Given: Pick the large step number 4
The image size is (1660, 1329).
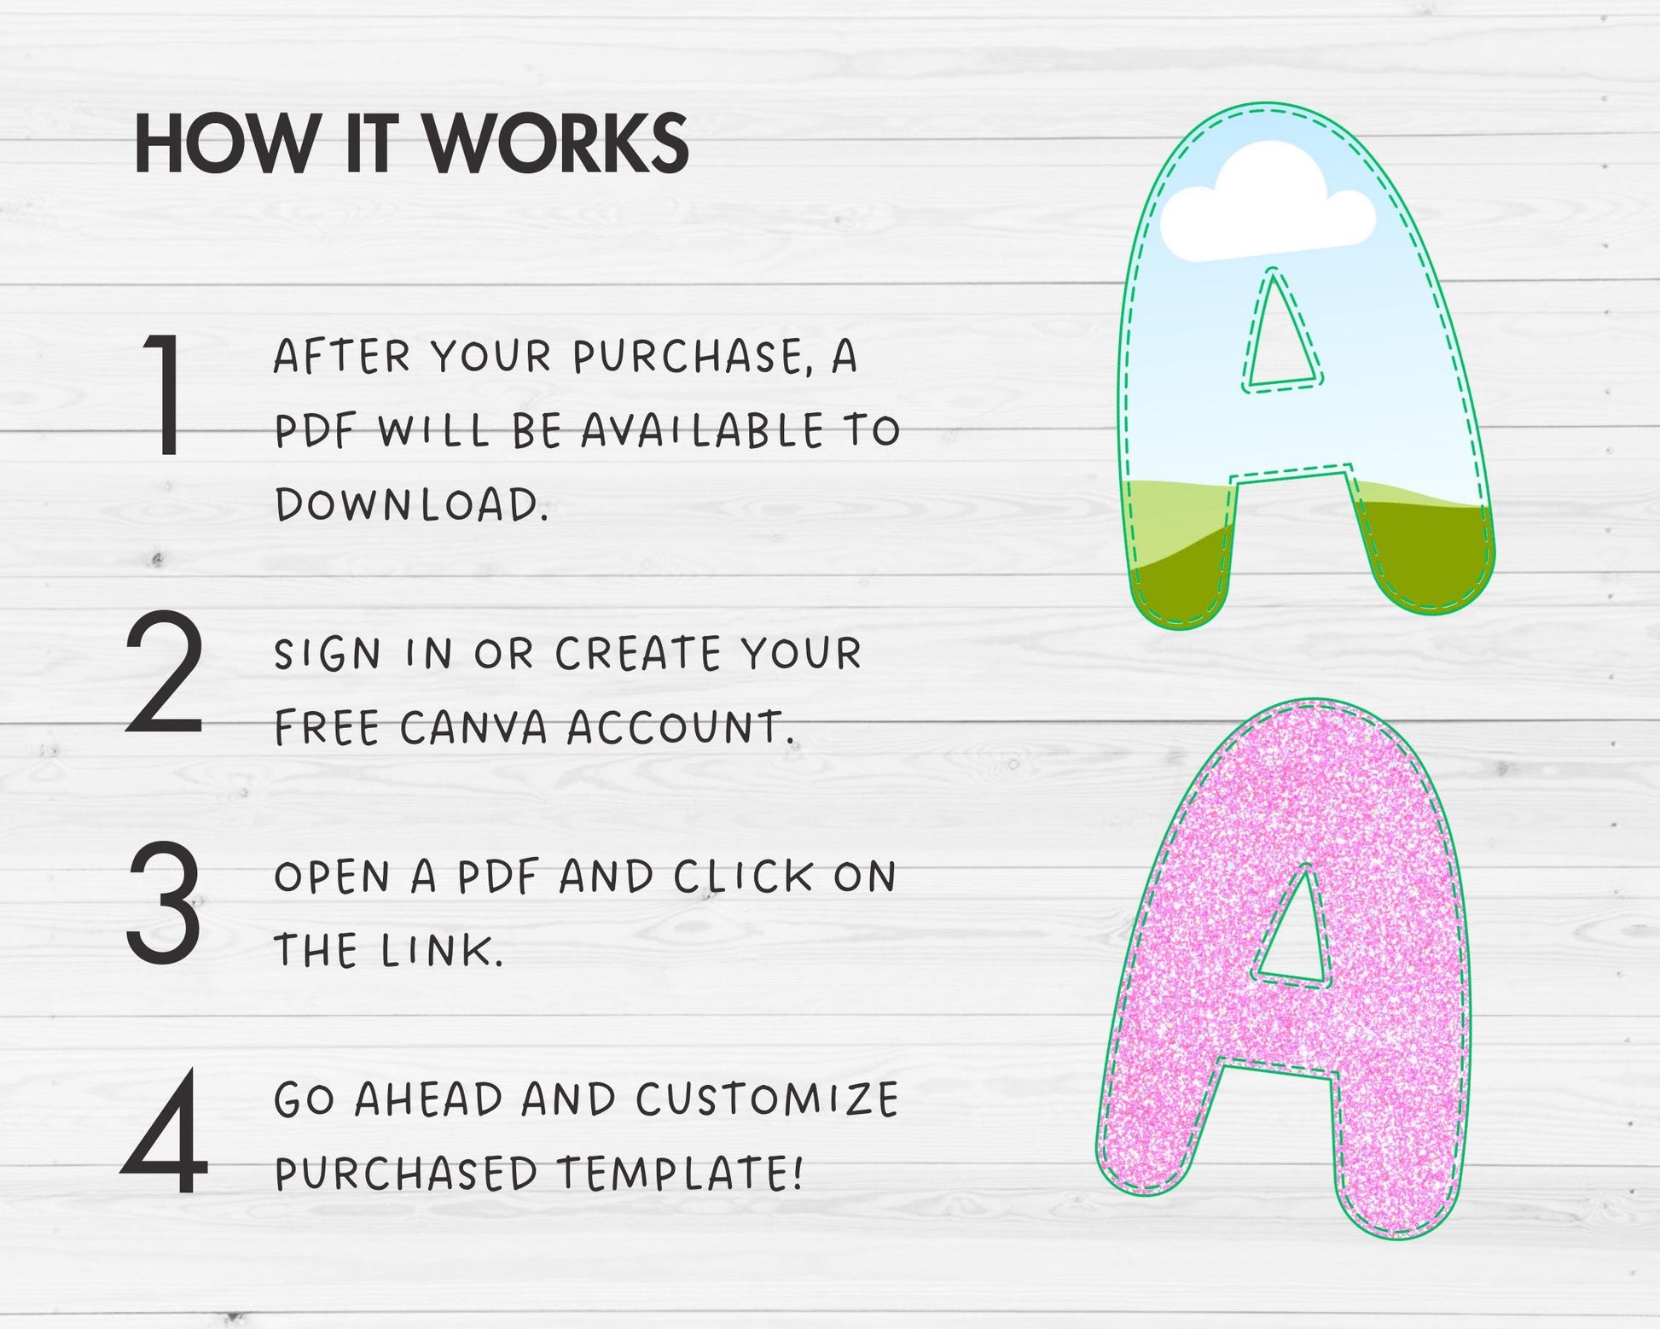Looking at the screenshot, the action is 165,1132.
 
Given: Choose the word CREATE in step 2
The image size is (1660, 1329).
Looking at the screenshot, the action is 639,655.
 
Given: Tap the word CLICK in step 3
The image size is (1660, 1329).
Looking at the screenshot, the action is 743,877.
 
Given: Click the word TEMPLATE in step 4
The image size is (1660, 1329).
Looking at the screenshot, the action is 680,1174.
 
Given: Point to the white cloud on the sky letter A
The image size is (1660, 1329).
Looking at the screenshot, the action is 1268,206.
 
